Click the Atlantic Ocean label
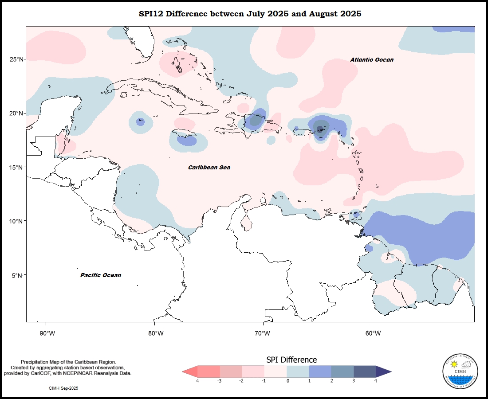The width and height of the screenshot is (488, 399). click(371, 60)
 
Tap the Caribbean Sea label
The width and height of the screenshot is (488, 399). click(209, 168)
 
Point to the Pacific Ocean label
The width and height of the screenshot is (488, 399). click(101, 275)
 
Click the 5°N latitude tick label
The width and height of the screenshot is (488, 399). click(18, 275)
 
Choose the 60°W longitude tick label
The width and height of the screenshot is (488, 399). click(373, 333)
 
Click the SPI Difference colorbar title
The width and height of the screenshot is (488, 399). click(291, 360)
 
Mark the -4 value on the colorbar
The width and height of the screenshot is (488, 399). click(197, 381)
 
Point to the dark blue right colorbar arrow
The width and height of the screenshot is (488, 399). click(383, 372)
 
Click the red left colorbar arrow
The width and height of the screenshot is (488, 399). click(189, 372)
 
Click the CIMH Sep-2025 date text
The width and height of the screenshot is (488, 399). click(63, 388)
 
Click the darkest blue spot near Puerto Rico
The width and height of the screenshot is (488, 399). click(319, 129)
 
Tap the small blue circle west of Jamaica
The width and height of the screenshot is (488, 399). click(141, 121)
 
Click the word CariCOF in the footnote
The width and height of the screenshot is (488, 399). click(39, 374)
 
